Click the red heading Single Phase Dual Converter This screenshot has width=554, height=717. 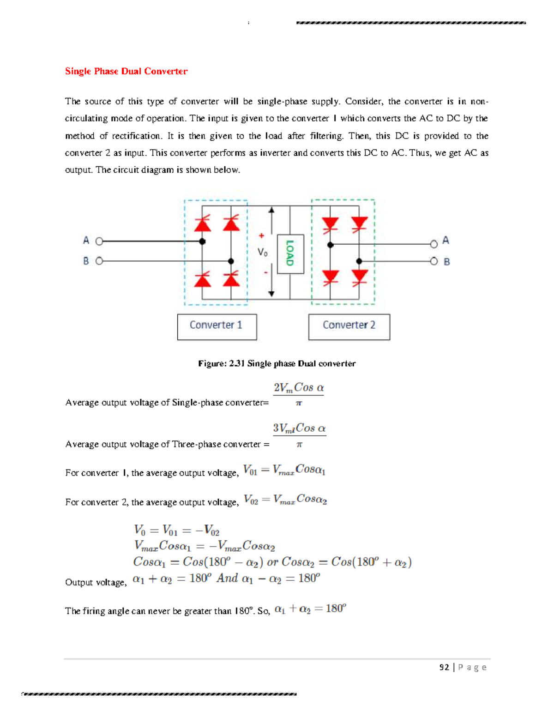pos(126,71)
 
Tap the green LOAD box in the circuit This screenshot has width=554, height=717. pos(290,253)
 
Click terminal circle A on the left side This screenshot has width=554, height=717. pos(99,241)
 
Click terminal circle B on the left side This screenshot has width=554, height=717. pos(99,261)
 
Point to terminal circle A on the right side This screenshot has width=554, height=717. pos(434,244)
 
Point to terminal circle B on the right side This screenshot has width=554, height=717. pos(434,261)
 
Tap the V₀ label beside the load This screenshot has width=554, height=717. pos(262,252)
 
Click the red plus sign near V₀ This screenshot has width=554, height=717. pos(261,236)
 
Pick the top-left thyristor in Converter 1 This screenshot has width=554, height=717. pos(203,223)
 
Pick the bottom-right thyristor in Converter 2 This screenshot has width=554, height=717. pos(359,278)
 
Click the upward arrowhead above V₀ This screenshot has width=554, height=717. pos(271,210)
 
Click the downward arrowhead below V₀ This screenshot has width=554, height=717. pos(271,294)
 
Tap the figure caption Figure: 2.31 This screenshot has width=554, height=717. pos(277,363)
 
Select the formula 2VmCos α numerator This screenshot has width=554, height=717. pos(298,387)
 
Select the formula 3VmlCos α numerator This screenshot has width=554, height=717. pos(299,428)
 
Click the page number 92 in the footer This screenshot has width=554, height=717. pos(444,667)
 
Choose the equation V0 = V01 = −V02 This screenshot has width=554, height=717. pos(176,530)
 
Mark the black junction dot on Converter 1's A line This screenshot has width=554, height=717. pos(202,241)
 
